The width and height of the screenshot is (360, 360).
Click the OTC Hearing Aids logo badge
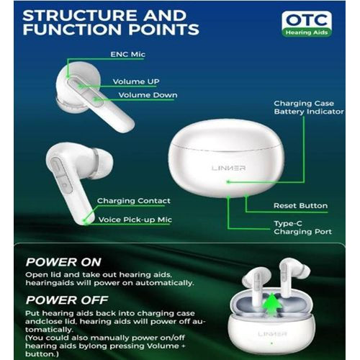tap(307, 24)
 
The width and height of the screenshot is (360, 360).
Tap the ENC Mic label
tap(127, 55)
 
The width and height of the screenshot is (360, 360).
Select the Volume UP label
tap(136, 81)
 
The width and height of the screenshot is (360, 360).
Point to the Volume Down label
tap(148, 95)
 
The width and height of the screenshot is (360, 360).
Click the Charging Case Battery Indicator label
tap(309, 107)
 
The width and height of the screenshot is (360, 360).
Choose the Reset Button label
tap(300, 206)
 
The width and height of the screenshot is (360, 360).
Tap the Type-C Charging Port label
tap(303, 228)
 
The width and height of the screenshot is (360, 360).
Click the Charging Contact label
tap(134, 201)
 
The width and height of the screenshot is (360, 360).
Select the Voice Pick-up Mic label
tap(135, 220)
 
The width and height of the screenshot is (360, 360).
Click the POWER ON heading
tap(63, 262)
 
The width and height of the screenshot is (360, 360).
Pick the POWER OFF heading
tap(67, 300)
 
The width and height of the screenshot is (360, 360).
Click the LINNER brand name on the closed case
tap(229, 168)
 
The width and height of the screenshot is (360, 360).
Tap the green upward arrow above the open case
tap(272, 304)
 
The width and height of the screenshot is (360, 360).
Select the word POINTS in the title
tap(164, 30)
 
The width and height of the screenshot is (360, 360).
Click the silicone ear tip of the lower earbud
tap(102, 162)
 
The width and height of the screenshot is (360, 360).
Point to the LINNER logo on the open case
tap(272, 334)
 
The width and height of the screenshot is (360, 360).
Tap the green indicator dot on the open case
tap(271, 343)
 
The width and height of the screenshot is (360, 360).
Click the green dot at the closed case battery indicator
tap(228, 182)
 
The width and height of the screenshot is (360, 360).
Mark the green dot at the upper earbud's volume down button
tap(96, 99)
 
